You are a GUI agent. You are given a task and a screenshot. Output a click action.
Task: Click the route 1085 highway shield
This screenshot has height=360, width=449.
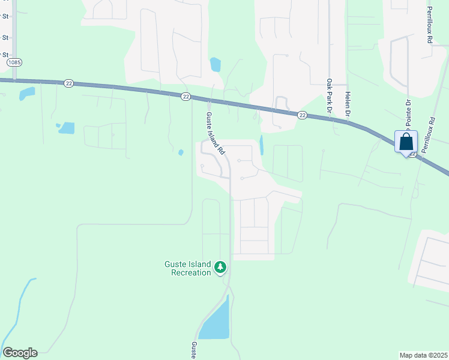point(14,62)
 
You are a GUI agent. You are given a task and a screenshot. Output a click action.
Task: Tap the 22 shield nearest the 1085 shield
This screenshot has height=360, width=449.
point(69,83)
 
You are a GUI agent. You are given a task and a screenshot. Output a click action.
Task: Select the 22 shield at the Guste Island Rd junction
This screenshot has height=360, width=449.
point(186,96)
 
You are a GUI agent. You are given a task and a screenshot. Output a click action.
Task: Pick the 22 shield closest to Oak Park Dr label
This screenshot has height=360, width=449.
point(302,115)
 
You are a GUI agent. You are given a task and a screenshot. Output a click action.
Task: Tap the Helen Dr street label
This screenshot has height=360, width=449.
point(347,103)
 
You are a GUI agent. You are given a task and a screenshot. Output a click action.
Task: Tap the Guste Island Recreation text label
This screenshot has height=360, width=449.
point(188,268)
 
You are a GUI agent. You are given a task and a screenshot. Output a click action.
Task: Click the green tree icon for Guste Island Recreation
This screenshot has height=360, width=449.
point(220,266)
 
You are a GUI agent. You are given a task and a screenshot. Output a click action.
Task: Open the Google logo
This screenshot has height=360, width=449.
point(20,353)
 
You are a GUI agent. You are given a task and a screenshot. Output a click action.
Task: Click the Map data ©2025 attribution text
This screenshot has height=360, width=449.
point(423,355)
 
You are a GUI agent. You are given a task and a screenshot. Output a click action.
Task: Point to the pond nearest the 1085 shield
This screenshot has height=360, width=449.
point(26,94)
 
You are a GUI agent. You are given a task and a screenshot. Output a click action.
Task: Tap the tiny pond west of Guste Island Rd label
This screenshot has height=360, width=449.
point(181,152)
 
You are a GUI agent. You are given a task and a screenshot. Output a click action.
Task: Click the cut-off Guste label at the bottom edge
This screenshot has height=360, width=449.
point(194,351)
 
